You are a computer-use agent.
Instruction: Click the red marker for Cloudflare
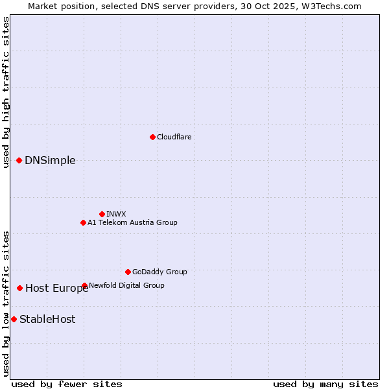coord(152,137)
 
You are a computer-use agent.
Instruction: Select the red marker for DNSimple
coord(19,161)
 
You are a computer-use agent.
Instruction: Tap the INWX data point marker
coord(102,214)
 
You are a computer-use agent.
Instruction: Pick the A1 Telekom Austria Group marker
coord(83,222)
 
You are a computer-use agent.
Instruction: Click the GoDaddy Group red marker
coord(128,272)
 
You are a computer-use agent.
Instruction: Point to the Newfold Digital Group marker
coord(85,285)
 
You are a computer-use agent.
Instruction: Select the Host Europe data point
coord(20,288)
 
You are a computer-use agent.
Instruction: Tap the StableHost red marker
coord(14,319)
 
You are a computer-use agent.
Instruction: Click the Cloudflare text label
coord(174,137)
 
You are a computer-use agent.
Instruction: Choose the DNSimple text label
coord(50,161)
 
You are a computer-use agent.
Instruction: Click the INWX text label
coord(116,214)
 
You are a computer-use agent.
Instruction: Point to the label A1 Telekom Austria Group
coord(132,222)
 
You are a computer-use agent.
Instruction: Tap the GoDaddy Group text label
coord(159,272)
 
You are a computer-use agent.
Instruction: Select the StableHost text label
coord(47,319)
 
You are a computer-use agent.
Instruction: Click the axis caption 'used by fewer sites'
coord(67,384)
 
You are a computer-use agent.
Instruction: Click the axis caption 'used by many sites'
coord(325,384)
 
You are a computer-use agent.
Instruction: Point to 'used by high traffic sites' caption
coord(6,92)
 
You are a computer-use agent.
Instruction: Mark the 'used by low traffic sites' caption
coord(6,303)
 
